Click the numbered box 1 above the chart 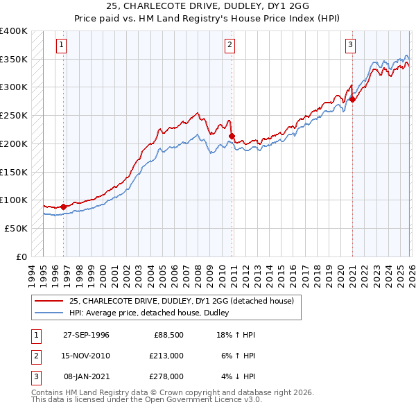pos(61,46)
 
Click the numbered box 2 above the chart pos(229,46)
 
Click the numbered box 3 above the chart pos(350,46)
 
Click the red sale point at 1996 pos(64,206)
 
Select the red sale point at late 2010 pos(232,136)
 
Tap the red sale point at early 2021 pos(352,99)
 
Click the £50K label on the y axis pos(16,228)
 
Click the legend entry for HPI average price pos(153,313)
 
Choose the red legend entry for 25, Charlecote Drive pos(182,301)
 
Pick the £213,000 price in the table pos(166,356)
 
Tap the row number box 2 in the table pos(34,356)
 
